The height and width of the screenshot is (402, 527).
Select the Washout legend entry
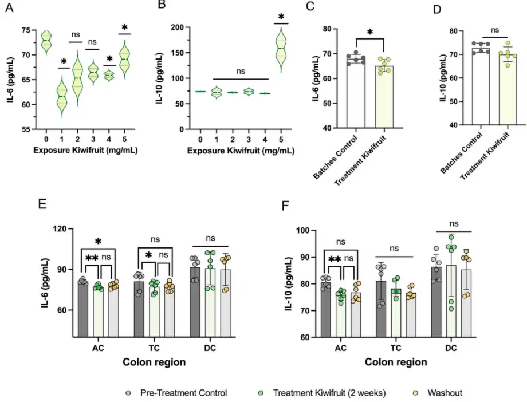(445, 392)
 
